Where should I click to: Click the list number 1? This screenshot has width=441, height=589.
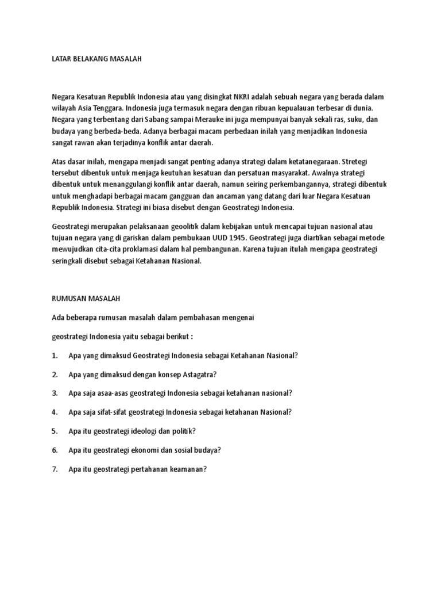(55, 355)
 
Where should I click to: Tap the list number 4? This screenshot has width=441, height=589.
(55, 412)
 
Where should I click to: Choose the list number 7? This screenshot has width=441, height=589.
(55, 469)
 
